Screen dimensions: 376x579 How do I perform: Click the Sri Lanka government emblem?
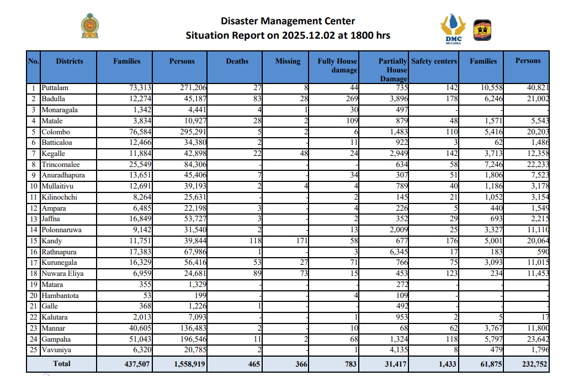(x=91, y=27)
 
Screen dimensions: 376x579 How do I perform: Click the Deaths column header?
(x=237, y=61)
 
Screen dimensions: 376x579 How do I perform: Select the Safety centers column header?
(x=434, y=61)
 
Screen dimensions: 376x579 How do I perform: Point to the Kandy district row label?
(x=52, y=241)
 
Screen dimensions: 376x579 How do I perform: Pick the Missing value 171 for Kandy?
(x=300, y=241)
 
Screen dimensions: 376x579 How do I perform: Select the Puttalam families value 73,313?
(x=139, y=88)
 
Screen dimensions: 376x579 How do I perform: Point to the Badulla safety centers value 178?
(x=450, y=99)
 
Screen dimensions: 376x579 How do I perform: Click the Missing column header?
(x=288, y=61)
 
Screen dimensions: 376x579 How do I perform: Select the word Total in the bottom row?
(x=62, y=364)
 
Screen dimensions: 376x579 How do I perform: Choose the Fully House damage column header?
(x=337, y=65)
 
